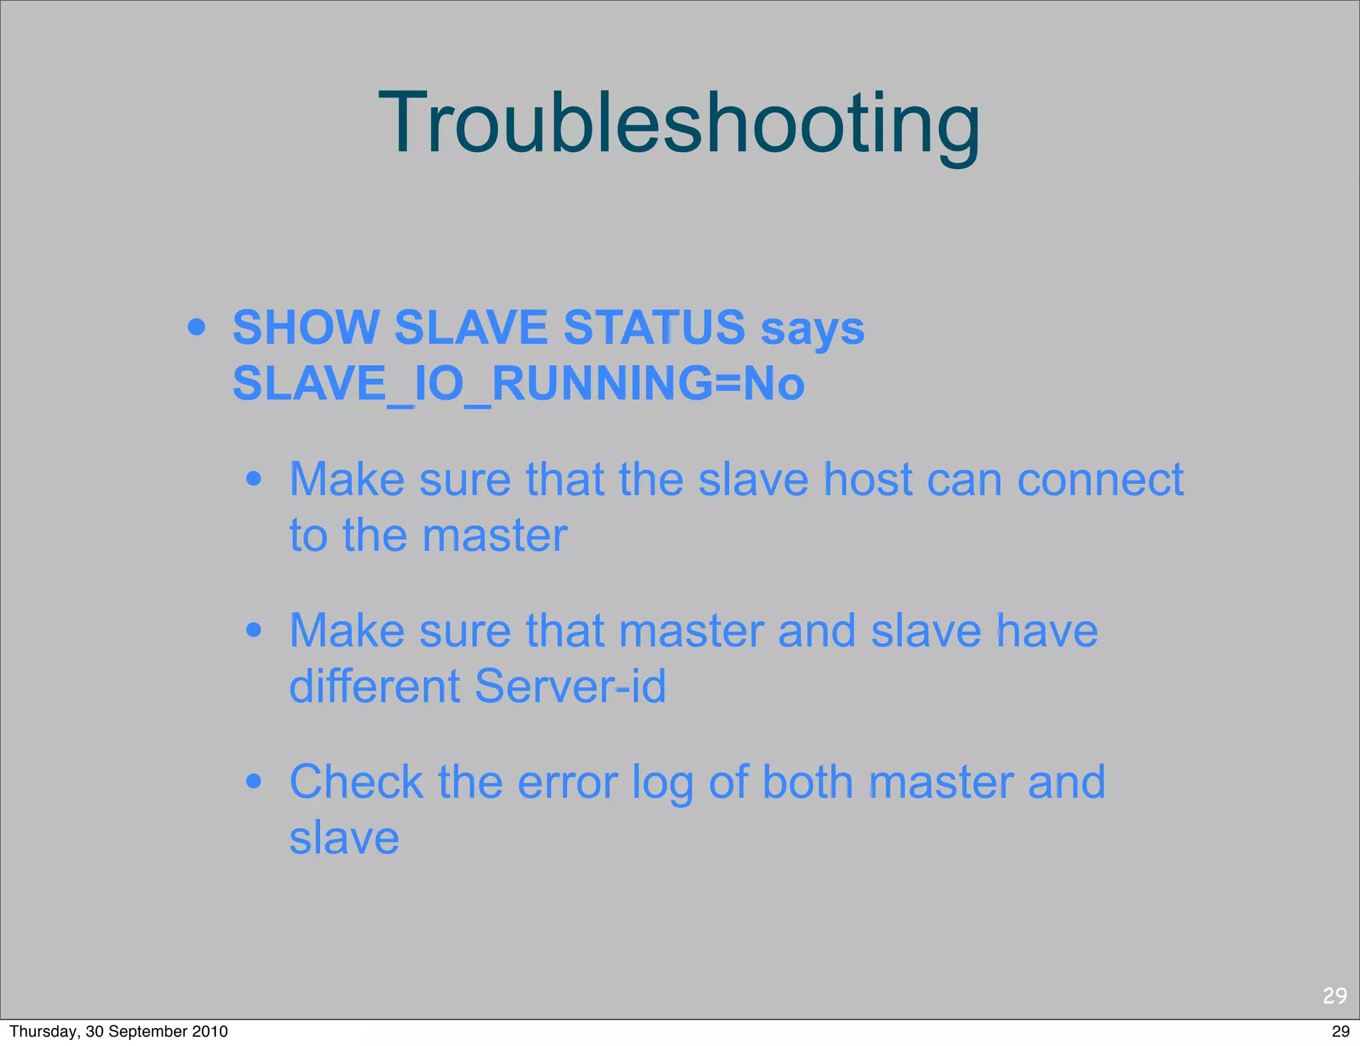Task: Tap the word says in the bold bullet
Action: tap(812, 329)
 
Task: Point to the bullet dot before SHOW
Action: tap(197, 327)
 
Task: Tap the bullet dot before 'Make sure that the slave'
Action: tap(254, 479)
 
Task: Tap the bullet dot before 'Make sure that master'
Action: tap(254, 630)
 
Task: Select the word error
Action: tap(568, 783)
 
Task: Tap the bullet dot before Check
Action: tap(254, 781)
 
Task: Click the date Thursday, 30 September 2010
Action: tap(118, 1031)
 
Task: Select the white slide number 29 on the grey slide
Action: tap(1335, 996)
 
